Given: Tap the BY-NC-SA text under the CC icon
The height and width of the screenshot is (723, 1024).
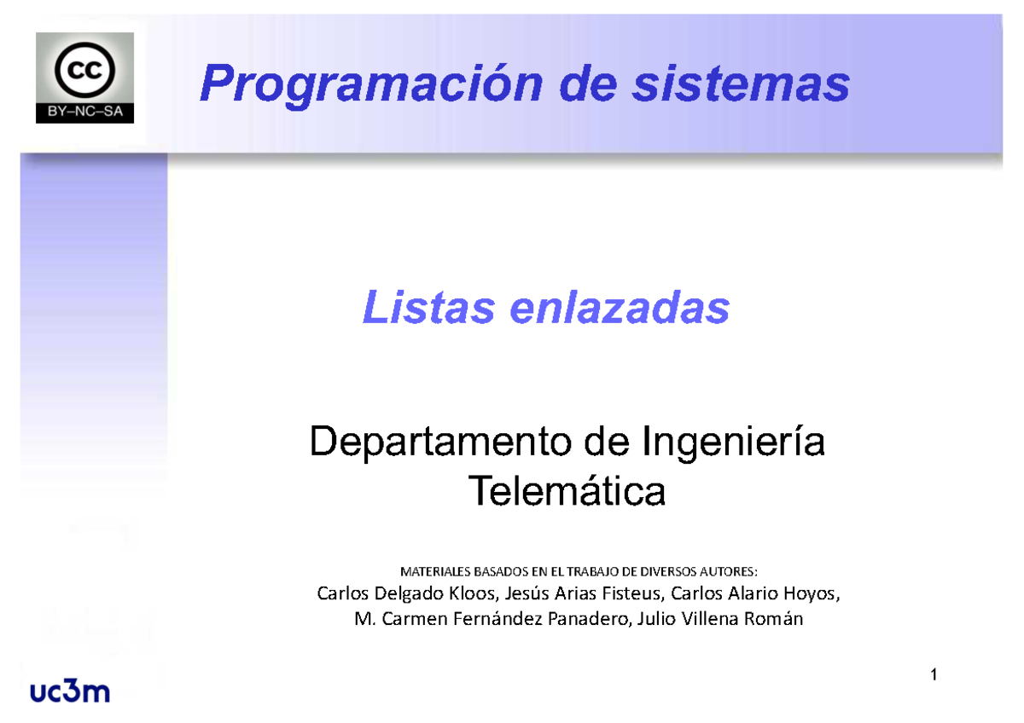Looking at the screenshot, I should point(84,111).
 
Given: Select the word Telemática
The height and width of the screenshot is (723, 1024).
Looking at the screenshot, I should point(567,491).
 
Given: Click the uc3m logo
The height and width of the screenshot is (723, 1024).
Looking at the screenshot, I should point(70,691).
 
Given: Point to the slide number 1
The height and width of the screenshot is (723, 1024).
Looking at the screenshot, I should point(934,676).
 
